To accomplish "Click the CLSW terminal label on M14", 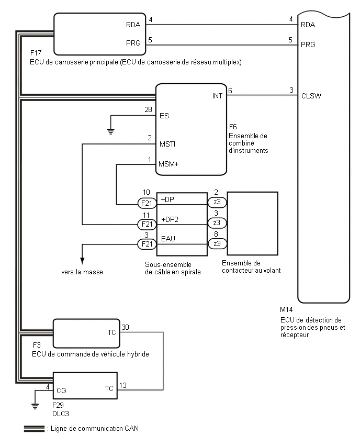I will (311, 96).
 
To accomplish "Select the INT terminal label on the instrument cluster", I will (217, 96).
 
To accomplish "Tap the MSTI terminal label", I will (167, 143).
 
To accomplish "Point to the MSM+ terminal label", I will (168, 164).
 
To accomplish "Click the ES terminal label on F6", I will (164, 116).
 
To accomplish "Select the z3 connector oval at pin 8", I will (217, 243).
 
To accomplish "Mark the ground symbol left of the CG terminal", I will (35, 405).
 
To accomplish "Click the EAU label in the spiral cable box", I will (168, 238).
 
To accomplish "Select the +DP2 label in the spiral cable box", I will (170, 218).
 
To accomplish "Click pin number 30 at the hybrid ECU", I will (126, 327).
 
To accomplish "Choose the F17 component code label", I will (37, 54).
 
